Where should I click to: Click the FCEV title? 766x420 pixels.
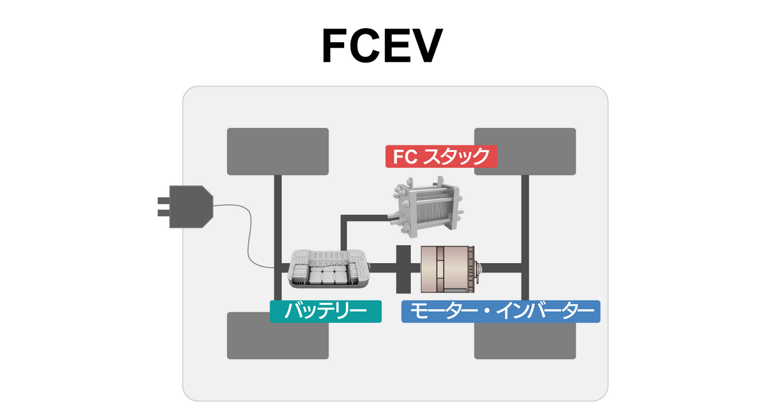(x=382, y=45)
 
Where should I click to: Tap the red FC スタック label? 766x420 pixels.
(x=441, y=156)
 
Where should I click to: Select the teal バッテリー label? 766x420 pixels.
(x=326, y=311)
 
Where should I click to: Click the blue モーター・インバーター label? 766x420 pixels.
(x=500, y=311)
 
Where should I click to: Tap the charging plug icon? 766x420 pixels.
(x=188, y=207)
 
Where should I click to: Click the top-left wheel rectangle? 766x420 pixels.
(x=278, y=151)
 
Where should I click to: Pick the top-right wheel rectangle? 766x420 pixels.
(x=525, y=151)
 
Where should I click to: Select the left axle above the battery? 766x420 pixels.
(x=278, y=211)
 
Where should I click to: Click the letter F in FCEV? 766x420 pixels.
(x=336, y=45)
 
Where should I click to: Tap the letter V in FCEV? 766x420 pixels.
(x=426, y=45)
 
